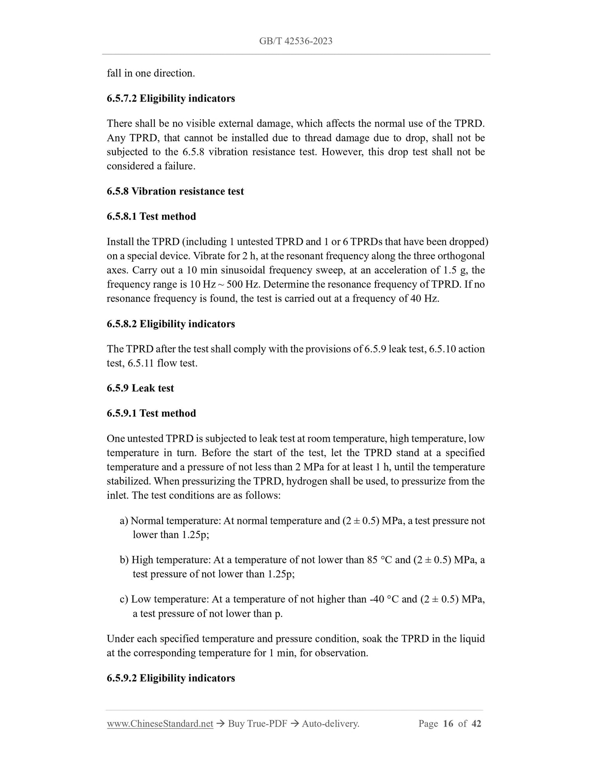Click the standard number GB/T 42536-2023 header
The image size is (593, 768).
click(x=295, y=41)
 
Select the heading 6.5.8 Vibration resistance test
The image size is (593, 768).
click(x=175, y=191)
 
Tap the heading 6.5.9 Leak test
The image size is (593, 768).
click(x=140, y=388)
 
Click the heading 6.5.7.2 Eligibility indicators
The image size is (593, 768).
click(x=171, y=99)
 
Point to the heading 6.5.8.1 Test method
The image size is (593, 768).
click(x=151, y=216)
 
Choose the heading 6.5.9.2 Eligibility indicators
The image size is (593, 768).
click(x=171, y=678)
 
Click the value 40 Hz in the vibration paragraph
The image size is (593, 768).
click(x=424, y=299)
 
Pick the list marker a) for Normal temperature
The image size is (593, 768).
click(x=124, y=521)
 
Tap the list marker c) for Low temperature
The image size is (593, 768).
click(x=124, y=599)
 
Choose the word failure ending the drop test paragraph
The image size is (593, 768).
click(x=179, y=166)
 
